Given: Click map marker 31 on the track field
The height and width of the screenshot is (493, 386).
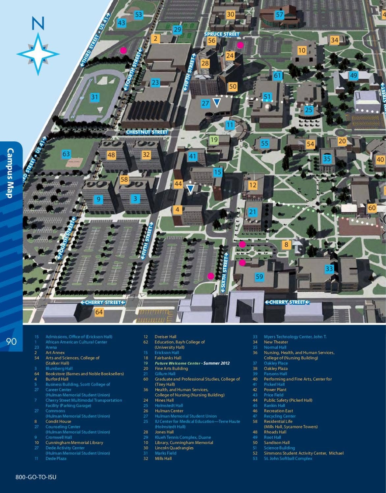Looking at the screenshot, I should click(x=95, y=97).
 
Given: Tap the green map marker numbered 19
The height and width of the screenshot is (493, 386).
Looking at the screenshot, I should click(x=214, y=140).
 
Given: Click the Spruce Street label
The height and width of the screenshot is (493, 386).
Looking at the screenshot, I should click(x=222, y=34).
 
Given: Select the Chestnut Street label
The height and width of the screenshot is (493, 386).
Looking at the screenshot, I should click(x=147, y=132).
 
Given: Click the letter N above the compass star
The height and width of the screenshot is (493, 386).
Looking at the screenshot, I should click(x=38, y=24).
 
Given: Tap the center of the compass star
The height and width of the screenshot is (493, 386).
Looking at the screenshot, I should click(x=38, y=54).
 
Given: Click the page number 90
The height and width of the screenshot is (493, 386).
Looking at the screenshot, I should click(x=11, y=341).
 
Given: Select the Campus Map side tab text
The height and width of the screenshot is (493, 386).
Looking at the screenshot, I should click(x=10, y=173).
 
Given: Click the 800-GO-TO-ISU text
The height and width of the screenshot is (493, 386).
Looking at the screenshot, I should click(x=36, y=477).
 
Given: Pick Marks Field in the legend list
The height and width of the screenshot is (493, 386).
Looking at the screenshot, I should click(x=165, y=453).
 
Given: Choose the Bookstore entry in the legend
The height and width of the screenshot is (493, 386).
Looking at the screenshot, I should click(x=85, y=374).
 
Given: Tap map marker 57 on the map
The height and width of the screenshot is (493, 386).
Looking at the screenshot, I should click(x=279, y=14).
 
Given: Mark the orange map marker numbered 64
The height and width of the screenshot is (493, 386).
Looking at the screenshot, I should click(x=99, y=312).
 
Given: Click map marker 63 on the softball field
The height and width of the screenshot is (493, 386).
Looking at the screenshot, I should click(x=66, y=153).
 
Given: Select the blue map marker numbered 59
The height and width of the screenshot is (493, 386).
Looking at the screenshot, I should click(x=260, y=277).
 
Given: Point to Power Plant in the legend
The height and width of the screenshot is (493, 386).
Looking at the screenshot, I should click(x=275, y=389).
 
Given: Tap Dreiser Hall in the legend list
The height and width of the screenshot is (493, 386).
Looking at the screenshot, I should click(x=165, y=337).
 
